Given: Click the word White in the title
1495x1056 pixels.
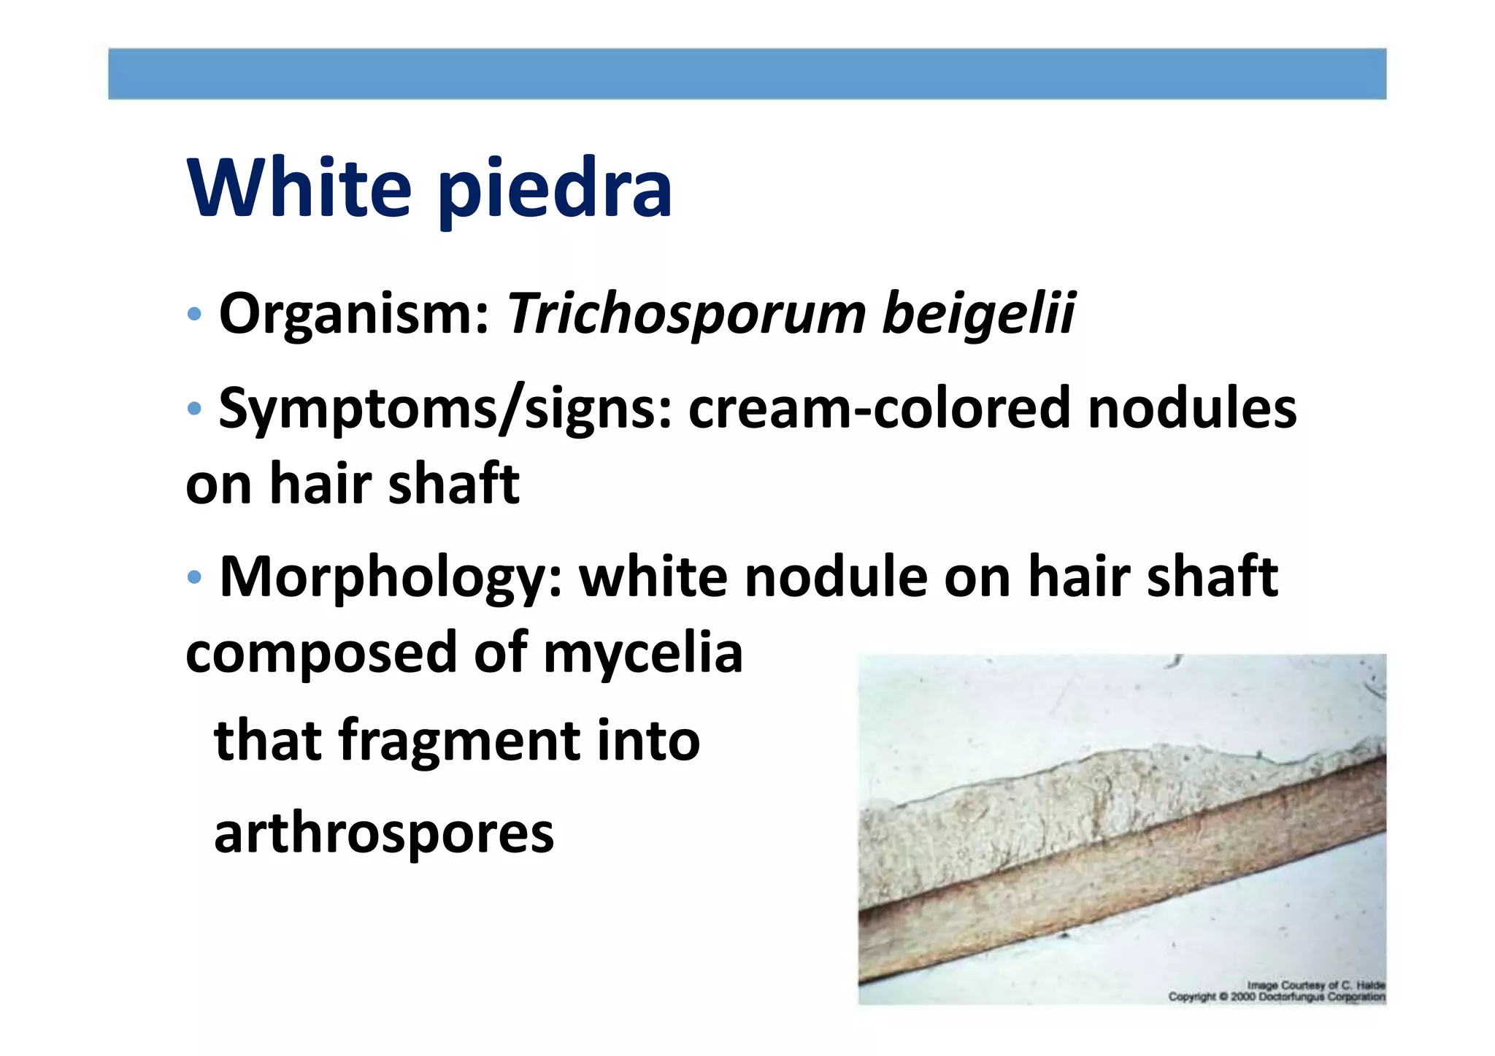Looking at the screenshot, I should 299,188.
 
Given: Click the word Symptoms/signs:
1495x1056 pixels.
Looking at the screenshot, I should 445,409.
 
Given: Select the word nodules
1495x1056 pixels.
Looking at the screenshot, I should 1191,409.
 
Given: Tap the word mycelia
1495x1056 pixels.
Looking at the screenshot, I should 643,652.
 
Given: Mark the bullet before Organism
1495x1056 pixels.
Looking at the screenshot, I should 193,315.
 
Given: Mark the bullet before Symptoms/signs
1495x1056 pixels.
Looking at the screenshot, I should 193,409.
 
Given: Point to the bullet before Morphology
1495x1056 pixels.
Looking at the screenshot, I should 193,577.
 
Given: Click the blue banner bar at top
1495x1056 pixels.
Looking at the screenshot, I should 747,74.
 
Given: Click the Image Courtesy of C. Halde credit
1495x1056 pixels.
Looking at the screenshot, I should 1315,985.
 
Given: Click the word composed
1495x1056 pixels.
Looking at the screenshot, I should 322,652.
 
